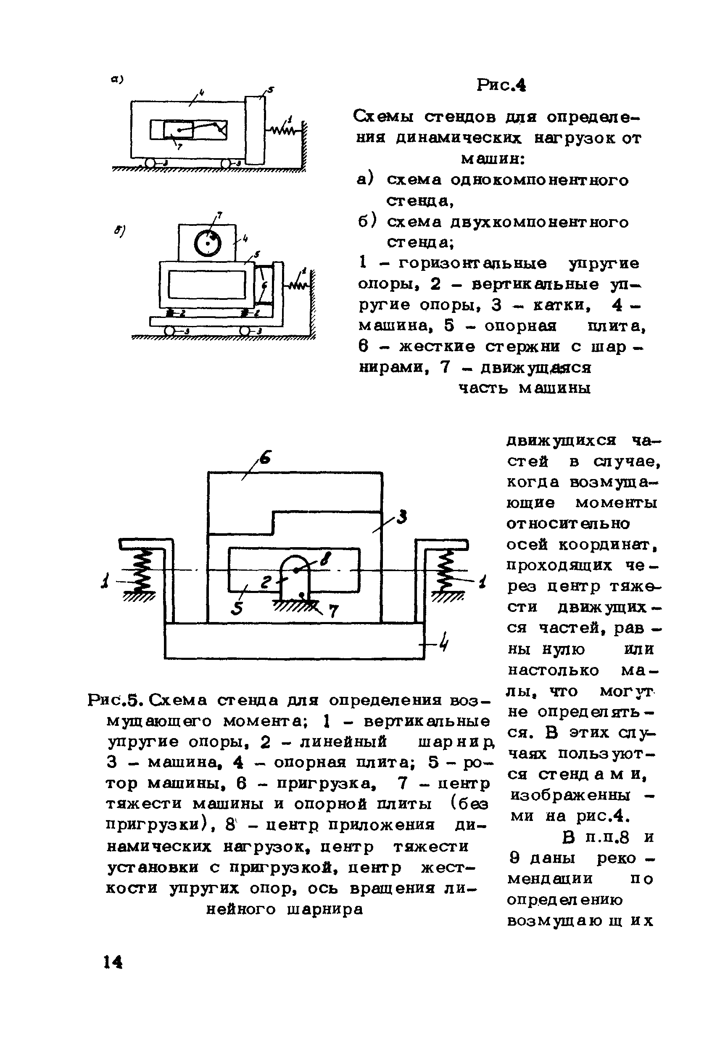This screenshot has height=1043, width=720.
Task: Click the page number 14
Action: pos(113,962)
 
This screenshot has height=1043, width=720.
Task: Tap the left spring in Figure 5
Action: pos(142,572)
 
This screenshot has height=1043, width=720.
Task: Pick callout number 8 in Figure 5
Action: pos(325,560)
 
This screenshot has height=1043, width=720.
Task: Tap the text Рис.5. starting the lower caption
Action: pos(116,700)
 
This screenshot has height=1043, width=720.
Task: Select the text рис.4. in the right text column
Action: pos(602,816)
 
